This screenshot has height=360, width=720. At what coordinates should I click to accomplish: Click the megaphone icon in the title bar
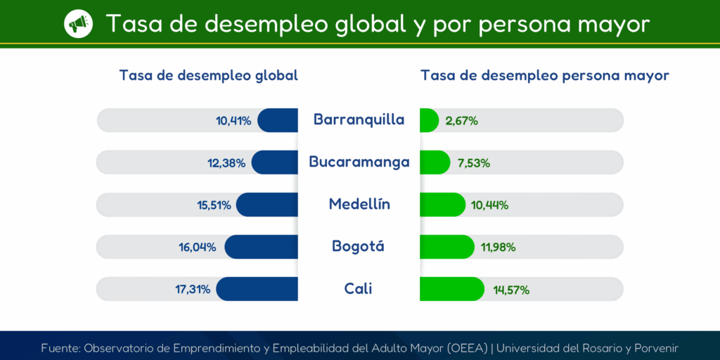(78, 24)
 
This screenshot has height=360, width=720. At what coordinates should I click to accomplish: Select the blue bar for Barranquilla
(278, 120)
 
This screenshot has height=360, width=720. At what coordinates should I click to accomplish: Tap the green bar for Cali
(451, 289)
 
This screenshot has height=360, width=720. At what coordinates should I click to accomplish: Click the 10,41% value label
(233, 120)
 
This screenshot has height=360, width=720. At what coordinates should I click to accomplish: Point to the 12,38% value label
(226, 162)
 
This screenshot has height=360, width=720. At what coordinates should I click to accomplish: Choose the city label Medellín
(359, 205)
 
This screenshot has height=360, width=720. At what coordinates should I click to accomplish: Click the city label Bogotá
(359, 247)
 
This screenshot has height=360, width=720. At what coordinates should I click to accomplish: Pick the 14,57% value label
(510, 289)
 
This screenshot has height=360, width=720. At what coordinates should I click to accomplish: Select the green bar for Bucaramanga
(435, 162)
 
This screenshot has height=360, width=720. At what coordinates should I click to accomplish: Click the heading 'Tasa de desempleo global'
(209, 75)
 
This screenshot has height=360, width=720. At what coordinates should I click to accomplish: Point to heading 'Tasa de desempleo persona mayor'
(545, 75)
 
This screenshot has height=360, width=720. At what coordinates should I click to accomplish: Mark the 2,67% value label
(462, 120)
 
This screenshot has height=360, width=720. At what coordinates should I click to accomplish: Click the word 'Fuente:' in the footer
(60, 348)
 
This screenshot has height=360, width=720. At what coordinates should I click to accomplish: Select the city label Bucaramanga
(359, 162)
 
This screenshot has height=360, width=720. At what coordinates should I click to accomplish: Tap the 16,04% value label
(198, 247)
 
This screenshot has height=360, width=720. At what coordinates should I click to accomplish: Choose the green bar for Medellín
(442, 205)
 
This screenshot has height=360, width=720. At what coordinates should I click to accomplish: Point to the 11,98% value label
(499, 247)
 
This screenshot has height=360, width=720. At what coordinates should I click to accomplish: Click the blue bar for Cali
(257, 289)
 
